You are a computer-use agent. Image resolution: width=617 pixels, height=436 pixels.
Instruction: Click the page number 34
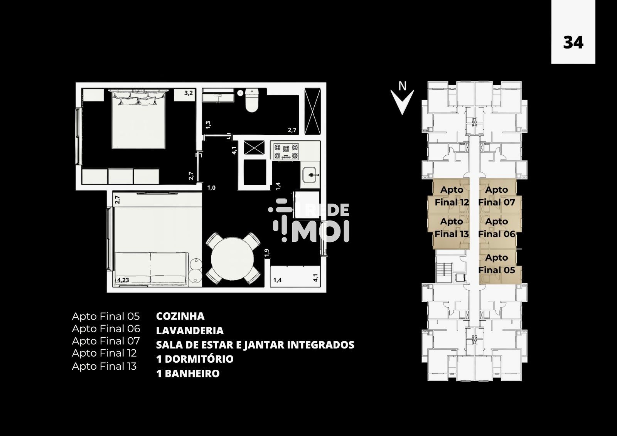pos(573,43)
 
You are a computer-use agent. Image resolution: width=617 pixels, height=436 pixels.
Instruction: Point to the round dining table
pos(232,259)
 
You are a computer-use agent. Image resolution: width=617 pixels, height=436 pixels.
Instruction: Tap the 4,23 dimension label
pos(123,280)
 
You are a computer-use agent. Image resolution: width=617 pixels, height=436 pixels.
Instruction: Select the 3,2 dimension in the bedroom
pos(189,93)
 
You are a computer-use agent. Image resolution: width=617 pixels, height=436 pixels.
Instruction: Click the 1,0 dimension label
pos(211,188)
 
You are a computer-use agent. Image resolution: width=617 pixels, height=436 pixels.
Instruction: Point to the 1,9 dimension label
pos(266,253)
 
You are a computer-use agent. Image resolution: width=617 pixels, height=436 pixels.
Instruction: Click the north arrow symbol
pos(402,99)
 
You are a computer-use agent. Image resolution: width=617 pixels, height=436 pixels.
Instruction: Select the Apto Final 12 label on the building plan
pos(452,196)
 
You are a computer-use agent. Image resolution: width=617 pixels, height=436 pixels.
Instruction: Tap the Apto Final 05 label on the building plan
pos(496,264)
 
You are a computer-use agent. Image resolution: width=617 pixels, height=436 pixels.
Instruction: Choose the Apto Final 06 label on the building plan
pos(497,227)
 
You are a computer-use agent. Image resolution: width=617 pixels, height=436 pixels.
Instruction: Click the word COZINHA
pos(180,316)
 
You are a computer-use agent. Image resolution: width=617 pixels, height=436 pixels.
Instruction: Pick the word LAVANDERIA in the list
pos(190,330)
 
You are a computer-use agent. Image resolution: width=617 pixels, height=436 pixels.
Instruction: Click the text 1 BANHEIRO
pos(188,374)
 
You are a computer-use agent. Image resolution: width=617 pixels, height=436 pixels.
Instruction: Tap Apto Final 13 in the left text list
pos(104,366)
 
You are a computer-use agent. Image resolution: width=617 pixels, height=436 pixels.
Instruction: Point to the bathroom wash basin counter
pos(218,95)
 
